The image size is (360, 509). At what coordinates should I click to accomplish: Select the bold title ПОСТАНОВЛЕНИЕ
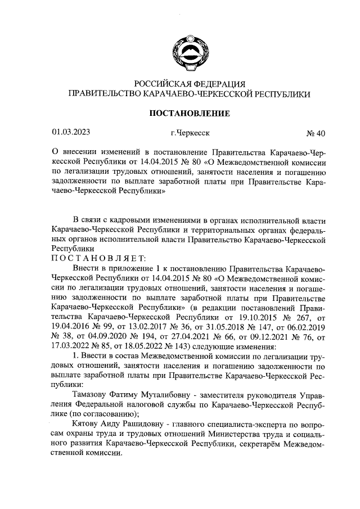pos(188,114)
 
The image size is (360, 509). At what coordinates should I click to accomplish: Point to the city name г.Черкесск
pos(190,133)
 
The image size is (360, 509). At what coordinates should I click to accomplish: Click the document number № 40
pos(316,133)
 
